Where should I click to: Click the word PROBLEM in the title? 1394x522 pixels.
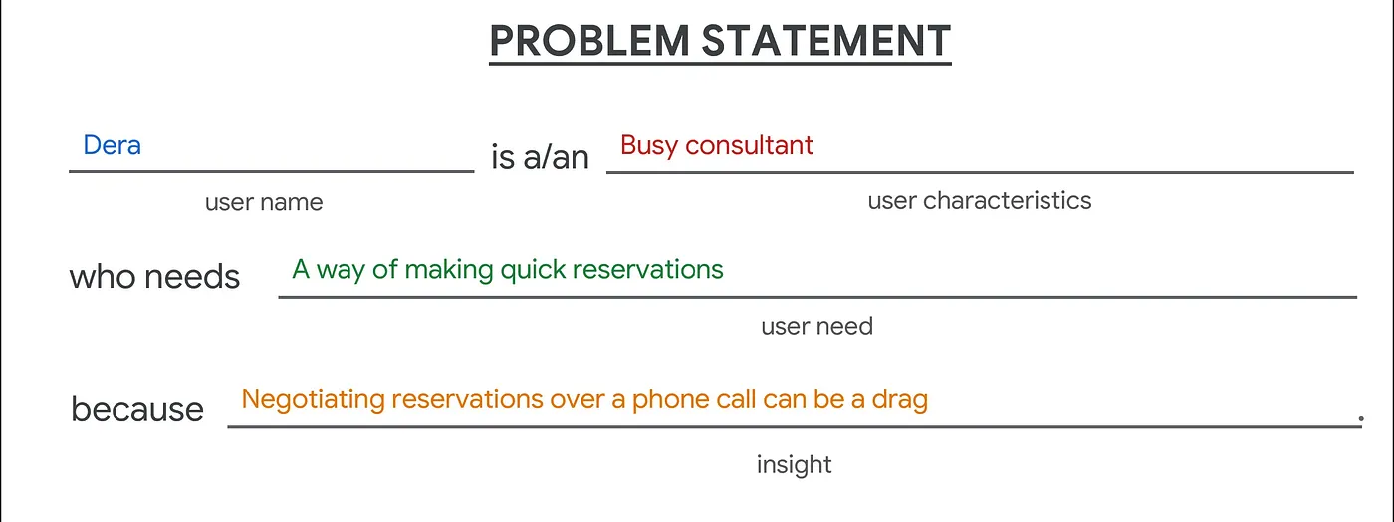[589, 41]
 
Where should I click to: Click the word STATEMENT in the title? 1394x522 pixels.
[826, 41]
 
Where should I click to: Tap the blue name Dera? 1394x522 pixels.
[112, 145]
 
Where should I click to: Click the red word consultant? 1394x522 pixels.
[749, 145]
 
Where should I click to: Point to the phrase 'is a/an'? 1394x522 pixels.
[540, 157]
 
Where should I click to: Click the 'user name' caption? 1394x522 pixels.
[264, 202]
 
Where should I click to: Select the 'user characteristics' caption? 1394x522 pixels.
[980, 201]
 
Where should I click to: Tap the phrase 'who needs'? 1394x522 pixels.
[154, 277]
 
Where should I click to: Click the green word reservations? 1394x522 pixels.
[647, 270]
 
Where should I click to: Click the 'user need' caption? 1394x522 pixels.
[817, 327]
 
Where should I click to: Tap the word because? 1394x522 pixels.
[137, 409]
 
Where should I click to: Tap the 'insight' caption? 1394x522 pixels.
[795, 465]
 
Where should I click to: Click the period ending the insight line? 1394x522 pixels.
[1361, 419]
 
